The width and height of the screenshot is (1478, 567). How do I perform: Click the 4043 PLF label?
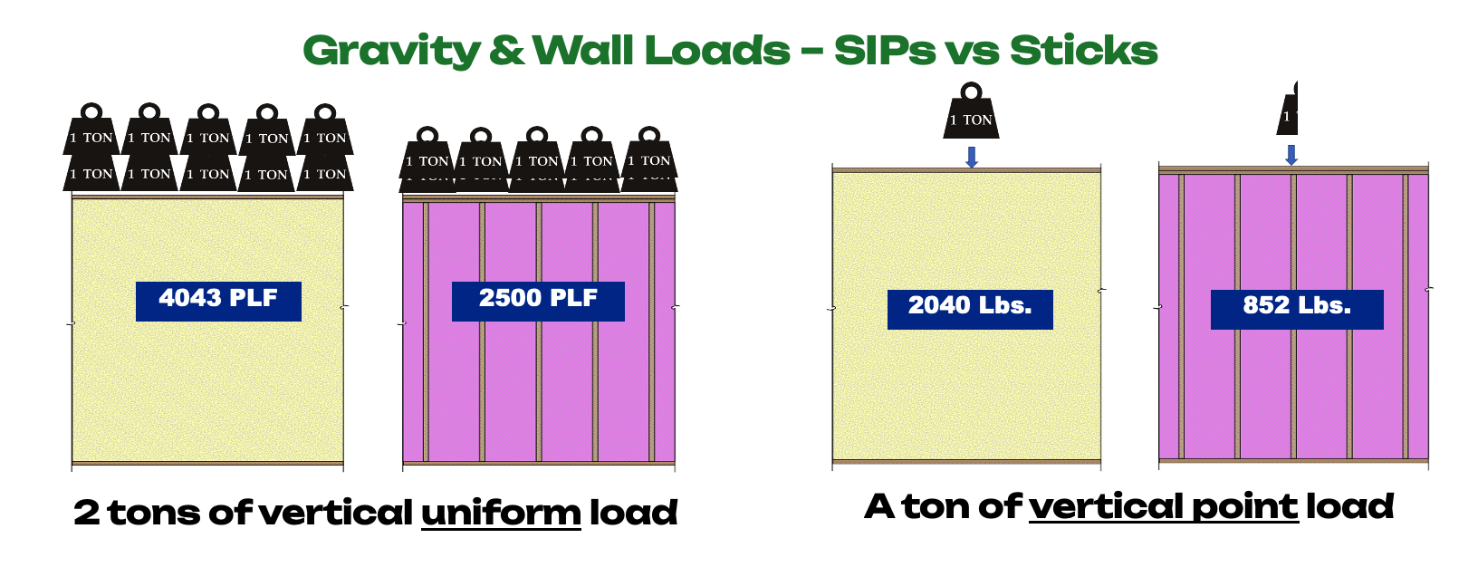pyautogui.click(x=218, y=300)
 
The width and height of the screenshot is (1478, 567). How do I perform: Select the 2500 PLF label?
pyautogui.click(x=538, y=300)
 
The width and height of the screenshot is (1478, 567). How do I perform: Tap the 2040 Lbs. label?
pyautogui.click(x=970, y=308)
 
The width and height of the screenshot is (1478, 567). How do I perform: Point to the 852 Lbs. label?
pyautogui.click(x=1297, y=308)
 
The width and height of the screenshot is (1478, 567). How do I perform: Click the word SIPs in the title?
pyautogui.click(x=884, y=51)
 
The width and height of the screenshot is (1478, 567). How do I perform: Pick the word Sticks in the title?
pyautogui.click(x=1083, y=51)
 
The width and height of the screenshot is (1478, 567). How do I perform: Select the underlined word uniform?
pyautogui.click(x=501, y=513)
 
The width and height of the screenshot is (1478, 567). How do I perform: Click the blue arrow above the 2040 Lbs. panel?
pyautogui.click(x=972, y=157)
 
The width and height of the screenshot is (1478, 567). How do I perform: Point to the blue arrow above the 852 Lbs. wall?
pyautogui.click(x=1291, y=155)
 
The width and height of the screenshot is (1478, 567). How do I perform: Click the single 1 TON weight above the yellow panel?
pyautogui.click(x=971, y=112)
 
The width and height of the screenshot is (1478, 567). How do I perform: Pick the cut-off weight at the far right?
pyautogui.click(x=1288, y=111)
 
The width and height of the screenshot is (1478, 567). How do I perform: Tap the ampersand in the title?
pyautogui.click(x=506, y=51)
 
